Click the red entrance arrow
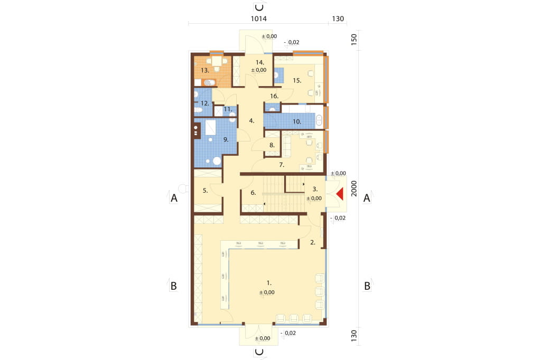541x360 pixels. pyautogui.click(x=340, y=194)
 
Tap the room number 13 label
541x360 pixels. pyautogui.click(x=205, y=70)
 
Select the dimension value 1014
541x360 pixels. pyautogui.click(x=258, y=18)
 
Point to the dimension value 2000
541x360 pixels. pyautogui.click(x=354, y=188)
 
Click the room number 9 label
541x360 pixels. pyautogui.click(x=226, y=140)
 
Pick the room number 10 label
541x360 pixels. pyautogui.click(x=297, y=121)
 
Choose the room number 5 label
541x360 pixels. pyautogui.click(x=206, y=191)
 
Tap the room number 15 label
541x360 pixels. pyautogui.click(x=297, y=80)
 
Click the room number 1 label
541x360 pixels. pyautogui.click(x=269, y=283)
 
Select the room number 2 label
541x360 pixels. pyautogui.click(x=313, y=242)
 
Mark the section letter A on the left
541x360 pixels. pyautogui.click(x=174, y=198)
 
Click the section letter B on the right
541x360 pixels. pyautogui.click(x=367, y=286)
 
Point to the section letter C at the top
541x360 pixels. pyautogui.click(x=259, y=7)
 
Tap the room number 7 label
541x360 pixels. pyautogui.click(x=282, y=165)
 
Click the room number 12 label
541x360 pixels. pyautogui.click(x=204, y=103)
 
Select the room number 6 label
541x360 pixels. pyautogui.click(x=253, y=193)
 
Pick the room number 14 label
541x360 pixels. pyautogui.click(x=260, y=62)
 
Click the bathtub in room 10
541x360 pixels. pyautogui.click(x=319, y=120)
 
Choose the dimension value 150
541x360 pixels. pyautogui.click(x=354, y=39)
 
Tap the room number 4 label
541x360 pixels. pyautogui.click(x=251, y=121)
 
